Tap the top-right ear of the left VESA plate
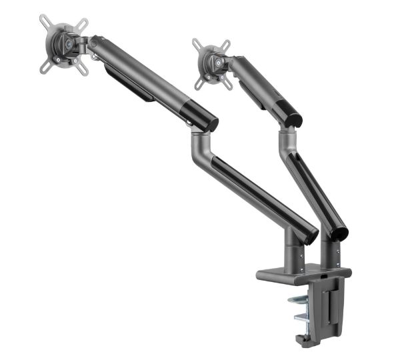82,24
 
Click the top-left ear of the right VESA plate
197,44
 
